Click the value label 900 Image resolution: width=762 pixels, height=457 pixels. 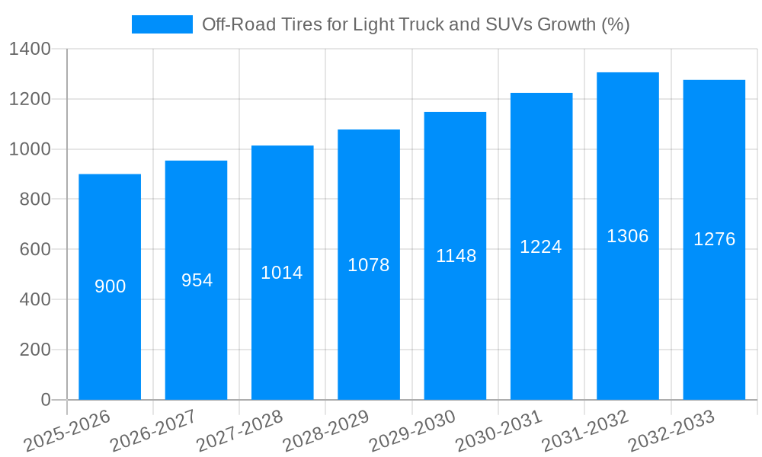click(x=110, y=286)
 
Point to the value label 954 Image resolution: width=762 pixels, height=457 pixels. click(x=197, y=280)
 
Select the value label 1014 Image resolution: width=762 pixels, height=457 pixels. click(x=282, y=273)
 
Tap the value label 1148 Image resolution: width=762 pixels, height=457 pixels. click(x=456, y=256)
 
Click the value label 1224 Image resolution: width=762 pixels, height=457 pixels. click(x=541, y=247)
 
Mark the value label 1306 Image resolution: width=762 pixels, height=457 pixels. click(x=628, y=236)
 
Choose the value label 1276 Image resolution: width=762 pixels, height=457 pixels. click(x=714, y=239)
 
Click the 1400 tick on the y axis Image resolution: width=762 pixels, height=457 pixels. click(x=30, y=50)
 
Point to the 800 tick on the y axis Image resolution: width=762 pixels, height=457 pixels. click(x=35, y=200)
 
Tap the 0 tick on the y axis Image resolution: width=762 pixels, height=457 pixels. click(x=46, y=400)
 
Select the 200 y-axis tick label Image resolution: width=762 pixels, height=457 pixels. click(x=35, y=350)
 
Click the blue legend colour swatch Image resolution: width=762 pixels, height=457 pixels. click(x=162, y=24)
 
